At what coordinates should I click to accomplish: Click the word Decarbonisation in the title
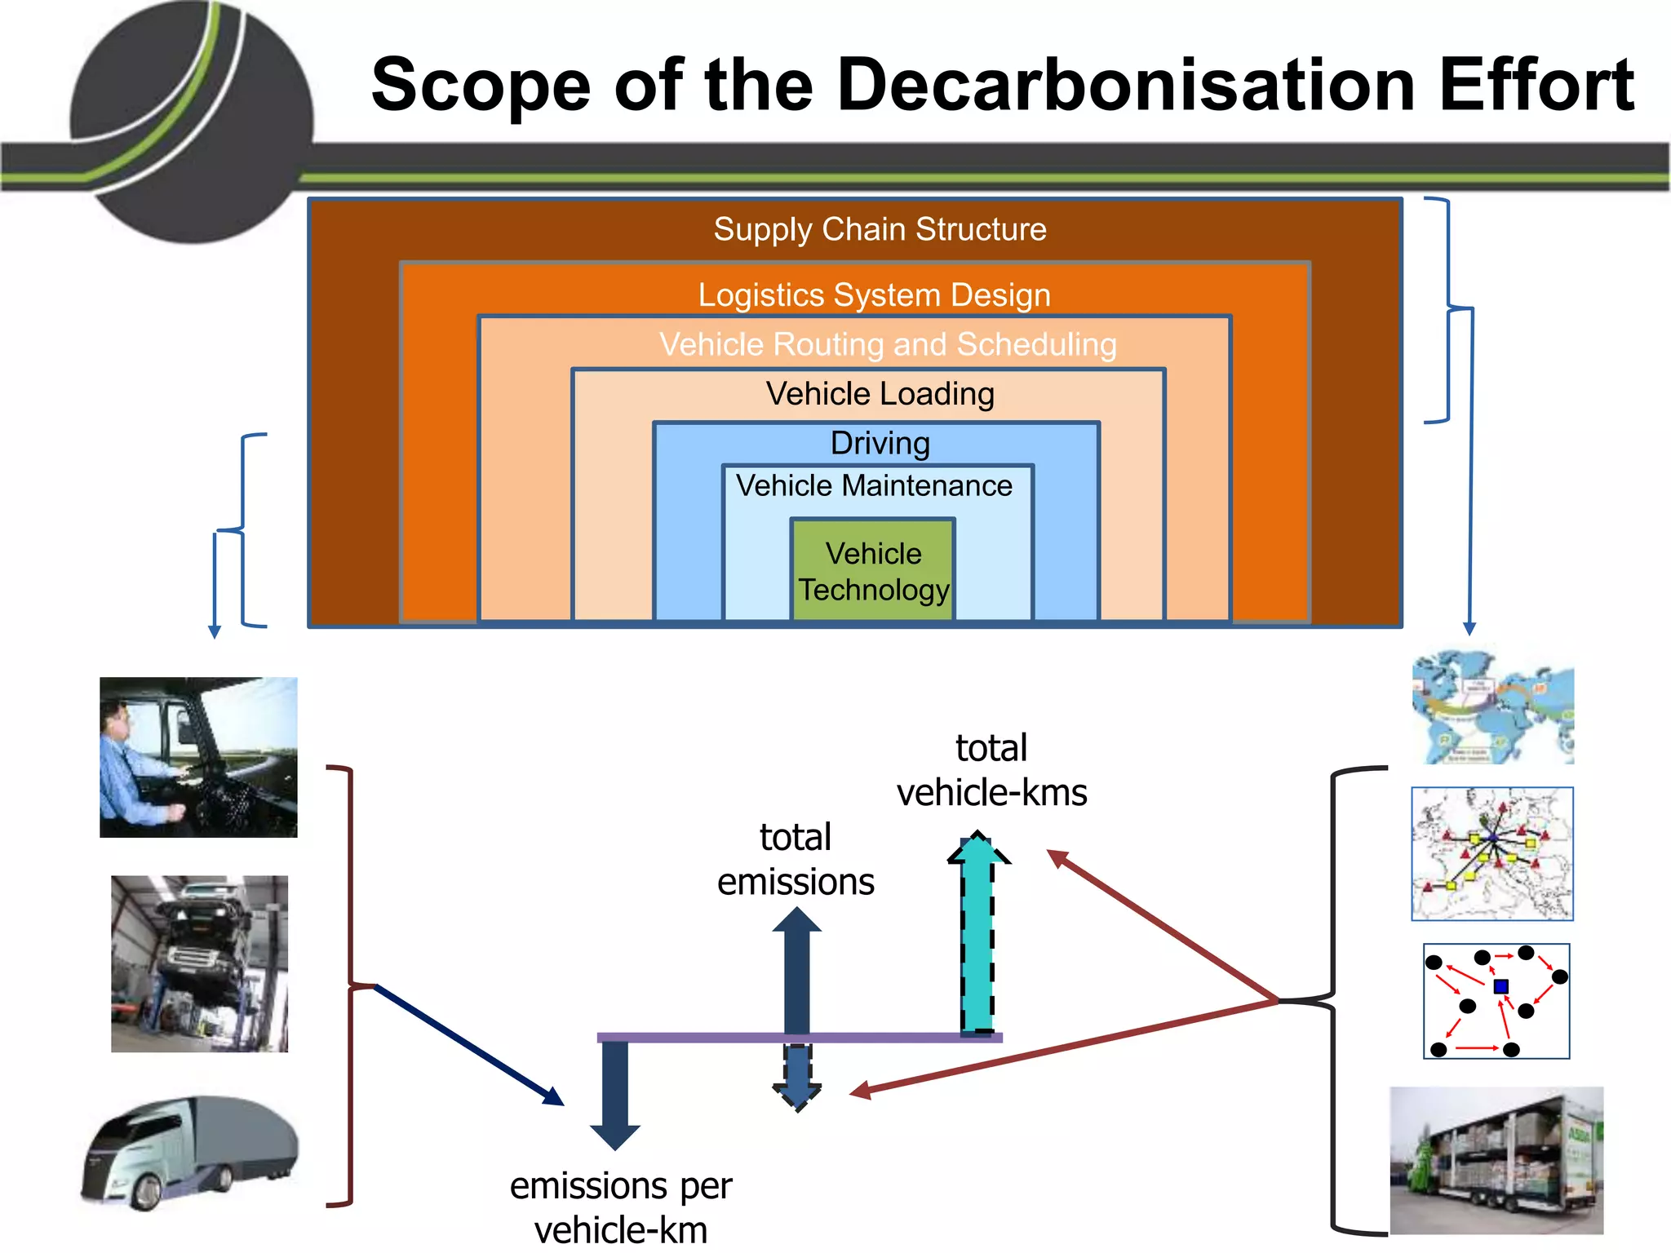pos(1125,85)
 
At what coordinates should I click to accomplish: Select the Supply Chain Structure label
pos(880,229)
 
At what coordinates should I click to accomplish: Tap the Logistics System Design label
pos(874,294)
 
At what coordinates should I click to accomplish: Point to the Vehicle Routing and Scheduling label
pos(888,344)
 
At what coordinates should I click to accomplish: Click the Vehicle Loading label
pos(880,394)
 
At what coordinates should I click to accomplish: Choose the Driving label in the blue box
pos(880,443)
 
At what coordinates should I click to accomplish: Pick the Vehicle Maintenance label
pos(874,485)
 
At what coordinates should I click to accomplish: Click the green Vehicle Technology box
pos(873,570)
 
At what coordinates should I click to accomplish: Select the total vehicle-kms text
pos(991,770)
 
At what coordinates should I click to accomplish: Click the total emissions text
pos(796,860)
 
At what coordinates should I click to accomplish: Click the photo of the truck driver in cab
pos(198,757)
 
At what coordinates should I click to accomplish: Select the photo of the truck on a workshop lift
pos(199,963)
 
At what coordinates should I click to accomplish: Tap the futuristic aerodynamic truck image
pos(191,1151)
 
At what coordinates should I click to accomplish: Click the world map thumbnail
pos(1492,706)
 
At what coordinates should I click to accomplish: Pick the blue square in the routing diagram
pos(1500,986)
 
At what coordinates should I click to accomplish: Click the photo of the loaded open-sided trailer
pos(1496,1159)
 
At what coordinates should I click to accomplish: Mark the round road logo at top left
pos(192,122)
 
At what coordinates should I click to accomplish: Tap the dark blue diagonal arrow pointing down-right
pos(469,1045)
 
